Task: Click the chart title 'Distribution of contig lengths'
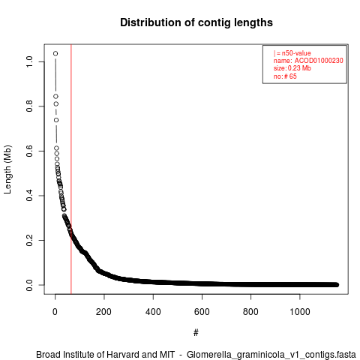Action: coord(196,22)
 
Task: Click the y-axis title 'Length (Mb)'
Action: coord(7,169)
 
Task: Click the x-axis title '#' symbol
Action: coord(196,333)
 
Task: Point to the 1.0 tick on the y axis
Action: coord(29,61)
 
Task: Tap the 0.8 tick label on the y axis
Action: coord(29,106)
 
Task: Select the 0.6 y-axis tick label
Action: coord(29,151)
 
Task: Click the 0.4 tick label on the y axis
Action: coord(29,196)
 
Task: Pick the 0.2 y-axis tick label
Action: coord(29,240)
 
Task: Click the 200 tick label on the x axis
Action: coord(104,312)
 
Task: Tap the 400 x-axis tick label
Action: coord(153,312)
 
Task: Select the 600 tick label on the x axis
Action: coord(202,312)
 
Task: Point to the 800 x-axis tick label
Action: coord(250,312)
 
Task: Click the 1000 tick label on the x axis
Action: coord(299,312)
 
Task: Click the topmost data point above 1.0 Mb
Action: coord(55,53)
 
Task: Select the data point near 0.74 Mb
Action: coord(56,120)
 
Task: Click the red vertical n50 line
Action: coord(71,169)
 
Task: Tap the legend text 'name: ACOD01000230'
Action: coord(308,61)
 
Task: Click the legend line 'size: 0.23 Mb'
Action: coord(292,68)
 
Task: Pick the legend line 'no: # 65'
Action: coord(285,76)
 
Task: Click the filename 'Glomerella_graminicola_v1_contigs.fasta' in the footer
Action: coord(271,355)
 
